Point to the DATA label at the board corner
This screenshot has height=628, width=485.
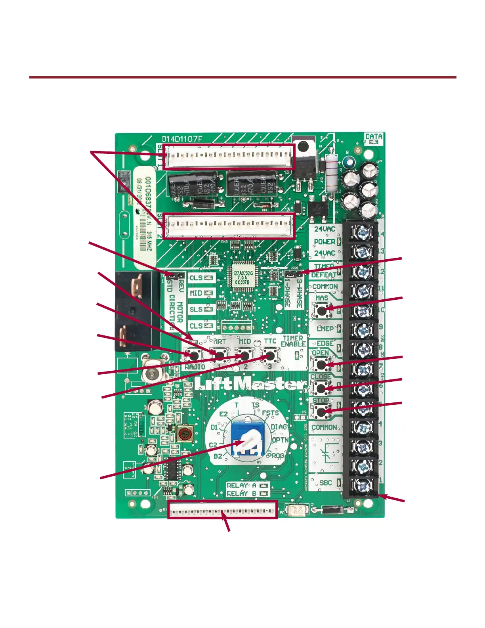coord(374,137)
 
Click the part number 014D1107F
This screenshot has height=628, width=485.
coord(181,139)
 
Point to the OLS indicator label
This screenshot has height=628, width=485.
coord(196,278)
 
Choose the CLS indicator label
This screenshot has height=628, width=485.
coord(196,326)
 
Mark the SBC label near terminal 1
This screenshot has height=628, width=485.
coord(326,483)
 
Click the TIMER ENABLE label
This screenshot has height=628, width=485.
coord(293,341)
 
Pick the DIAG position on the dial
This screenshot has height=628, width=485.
coord(279,427)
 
